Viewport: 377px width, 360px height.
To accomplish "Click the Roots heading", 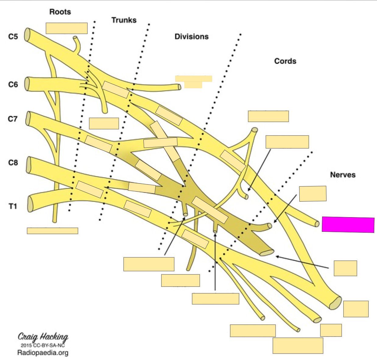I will (60, 12).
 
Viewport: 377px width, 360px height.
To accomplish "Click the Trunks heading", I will (124, 20).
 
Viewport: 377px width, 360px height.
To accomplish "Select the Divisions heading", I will (191, 37).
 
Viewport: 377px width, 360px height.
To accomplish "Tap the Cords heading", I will (285, 61).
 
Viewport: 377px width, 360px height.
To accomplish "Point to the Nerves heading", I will (343, 175).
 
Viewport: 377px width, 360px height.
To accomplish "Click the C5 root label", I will (13, 37).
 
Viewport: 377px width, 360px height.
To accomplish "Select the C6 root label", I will (13, 84).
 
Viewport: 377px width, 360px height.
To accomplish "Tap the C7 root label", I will (13, 119).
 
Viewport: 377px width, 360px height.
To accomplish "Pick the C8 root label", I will (13, 163).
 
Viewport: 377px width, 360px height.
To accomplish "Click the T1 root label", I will (13, 206).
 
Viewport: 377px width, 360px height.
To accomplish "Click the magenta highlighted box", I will (348, 225).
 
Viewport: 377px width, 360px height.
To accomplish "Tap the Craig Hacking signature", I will (43, 337).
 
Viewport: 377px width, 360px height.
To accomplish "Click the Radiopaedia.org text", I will (43, 353).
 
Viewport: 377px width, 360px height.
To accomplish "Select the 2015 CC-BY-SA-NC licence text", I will (43, 345).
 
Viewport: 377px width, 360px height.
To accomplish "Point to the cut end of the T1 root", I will (30, 204).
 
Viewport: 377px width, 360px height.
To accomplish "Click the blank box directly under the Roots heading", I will (67, 28).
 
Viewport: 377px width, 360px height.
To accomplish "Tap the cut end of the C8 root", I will (29, 165).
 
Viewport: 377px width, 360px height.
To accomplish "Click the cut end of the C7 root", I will (29, 118).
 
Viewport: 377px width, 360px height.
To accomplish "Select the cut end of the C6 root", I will (27, 84).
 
